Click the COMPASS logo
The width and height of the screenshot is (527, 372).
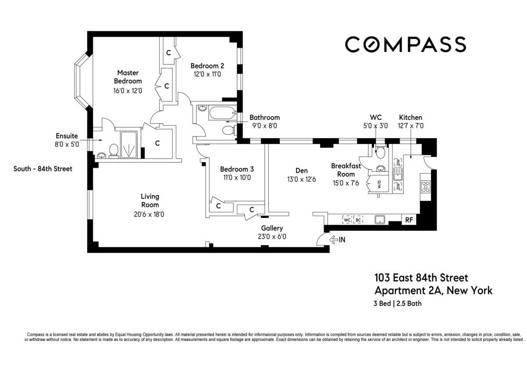coord(405,44)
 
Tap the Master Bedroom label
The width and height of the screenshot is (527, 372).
coord(128,77)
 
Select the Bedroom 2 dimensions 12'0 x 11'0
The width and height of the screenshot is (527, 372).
coord(207,74)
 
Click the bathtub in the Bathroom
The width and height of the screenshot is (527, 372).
coord(223,113)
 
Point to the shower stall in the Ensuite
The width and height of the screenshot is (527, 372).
coord(128,144)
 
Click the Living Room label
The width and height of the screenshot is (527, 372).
coord(150,200)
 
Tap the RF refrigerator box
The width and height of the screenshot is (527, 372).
coord(409,220)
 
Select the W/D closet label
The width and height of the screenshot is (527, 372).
coord(379,185)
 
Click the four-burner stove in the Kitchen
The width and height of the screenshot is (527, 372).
coord(426,186)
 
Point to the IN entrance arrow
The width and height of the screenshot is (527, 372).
coord(334,240)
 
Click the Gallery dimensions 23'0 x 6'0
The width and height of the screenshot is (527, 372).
coord(272,236)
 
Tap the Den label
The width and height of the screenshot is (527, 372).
coord(301,171)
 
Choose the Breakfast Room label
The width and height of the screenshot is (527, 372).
coord(346,170)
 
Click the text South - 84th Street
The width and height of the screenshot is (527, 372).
coord(43,169)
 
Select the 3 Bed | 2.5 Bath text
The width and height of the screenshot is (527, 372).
coord(397,304)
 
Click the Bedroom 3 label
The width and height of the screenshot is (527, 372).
coord(237,169)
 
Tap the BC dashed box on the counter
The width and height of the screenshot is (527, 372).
coord(358,220)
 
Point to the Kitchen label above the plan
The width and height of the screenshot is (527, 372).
coord(411,117)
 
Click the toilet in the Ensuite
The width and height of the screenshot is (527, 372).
coord(114,150)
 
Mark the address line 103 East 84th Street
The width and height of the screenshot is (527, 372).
coord(421,278)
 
